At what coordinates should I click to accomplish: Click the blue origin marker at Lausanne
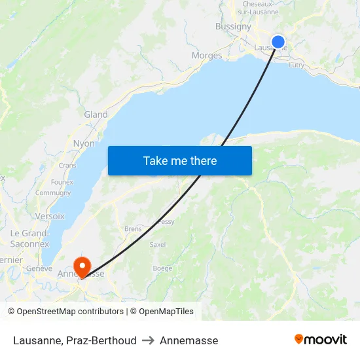(278, 42)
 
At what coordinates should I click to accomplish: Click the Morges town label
(207, 56)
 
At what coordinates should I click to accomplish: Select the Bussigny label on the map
(233, 27)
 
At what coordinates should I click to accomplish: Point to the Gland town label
(96, 115)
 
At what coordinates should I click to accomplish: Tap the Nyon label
(84, 143)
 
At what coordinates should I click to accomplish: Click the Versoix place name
(49, 216)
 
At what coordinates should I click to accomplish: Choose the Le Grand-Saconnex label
(29, 238)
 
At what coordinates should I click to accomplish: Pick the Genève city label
(39, 268)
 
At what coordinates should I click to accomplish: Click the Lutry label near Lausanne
(297, 65)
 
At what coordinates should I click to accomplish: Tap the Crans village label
(67, 166)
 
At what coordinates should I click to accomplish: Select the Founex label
(62, 182)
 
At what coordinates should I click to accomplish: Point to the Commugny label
(53, 193)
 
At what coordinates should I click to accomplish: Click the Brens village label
(133, 229)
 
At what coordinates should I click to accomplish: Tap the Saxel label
(158, 244)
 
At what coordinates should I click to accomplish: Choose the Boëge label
(162, 268)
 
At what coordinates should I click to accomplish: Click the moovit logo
(321, 339)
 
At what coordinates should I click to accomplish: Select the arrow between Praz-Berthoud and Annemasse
(148, 340)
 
